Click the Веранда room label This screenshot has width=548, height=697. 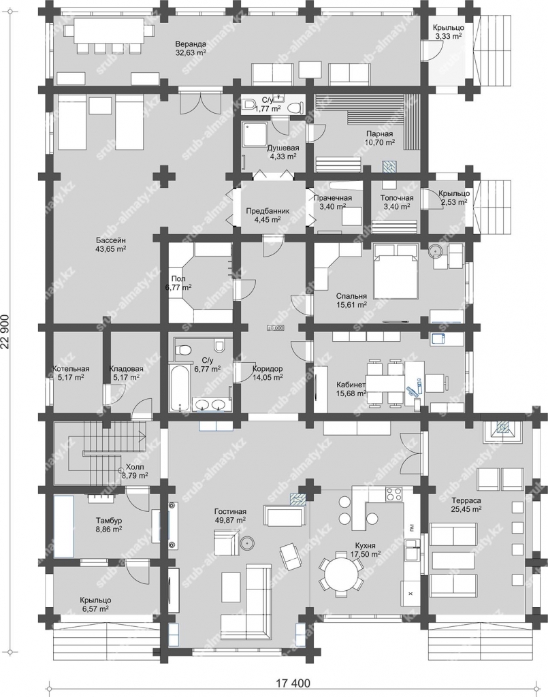(x=190, y=44)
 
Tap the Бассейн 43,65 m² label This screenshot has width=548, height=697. (x=111, y=245)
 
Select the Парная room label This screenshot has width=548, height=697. (x=379, y=133)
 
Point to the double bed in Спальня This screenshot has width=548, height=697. (x=395, y=272)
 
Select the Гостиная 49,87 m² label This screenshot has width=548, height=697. (x=230, y=516)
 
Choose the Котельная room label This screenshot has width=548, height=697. (x=71, y=369)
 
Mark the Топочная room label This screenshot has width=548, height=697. (x=396, y=198)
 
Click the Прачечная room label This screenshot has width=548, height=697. (x=332, y=198)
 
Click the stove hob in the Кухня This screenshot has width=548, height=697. (x=393, y=494)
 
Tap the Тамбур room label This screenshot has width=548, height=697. (x=109, y=521)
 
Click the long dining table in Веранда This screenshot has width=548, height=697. (x=109, y=30)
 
